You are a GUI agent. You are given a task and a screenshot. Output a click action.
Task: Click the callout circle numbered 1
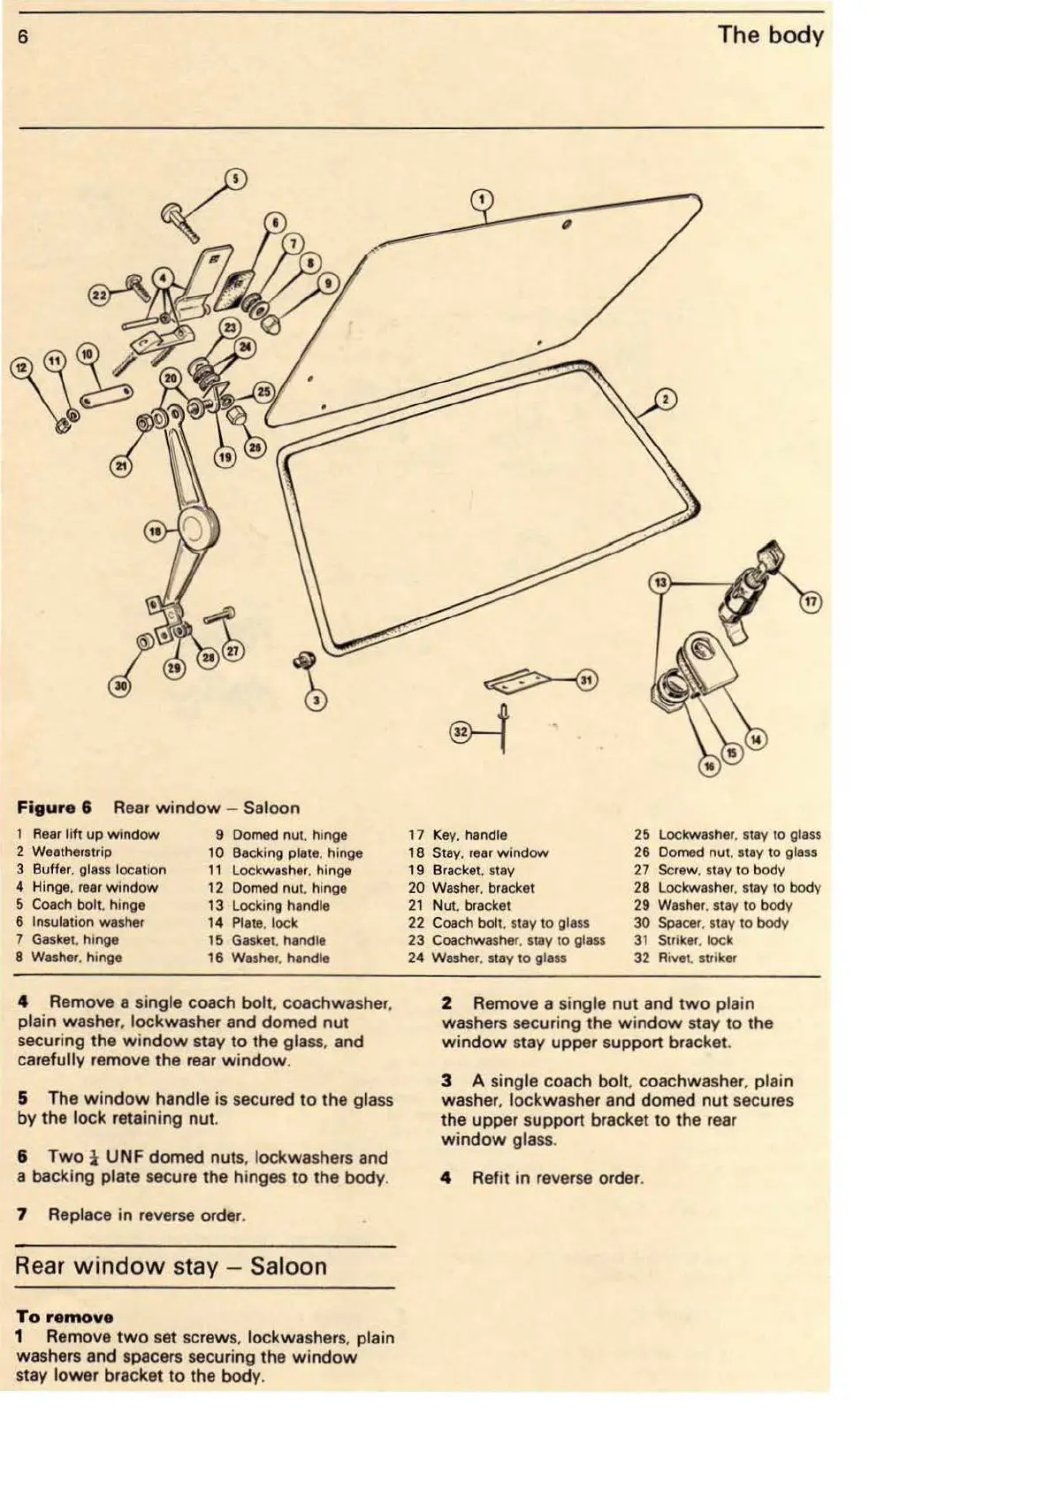[481, 198]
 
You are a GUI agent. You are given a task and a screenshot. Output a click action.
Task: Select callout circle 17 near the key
[811, 602]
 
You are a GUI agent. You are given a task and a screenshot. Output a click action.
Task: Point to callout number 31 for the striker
[587, 679]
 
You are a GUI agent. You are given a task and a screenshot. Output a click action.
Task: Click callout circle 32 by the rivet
[461, 731]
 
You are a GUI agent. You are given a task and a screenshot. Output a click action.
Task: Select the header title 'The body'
[770, 35]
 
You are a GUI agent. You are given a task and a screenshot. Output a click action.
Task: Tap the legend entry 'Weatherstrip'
[72, 852]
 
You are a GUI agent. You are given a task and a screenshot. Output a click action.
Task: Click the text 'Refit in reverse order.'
[557, 1178]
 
